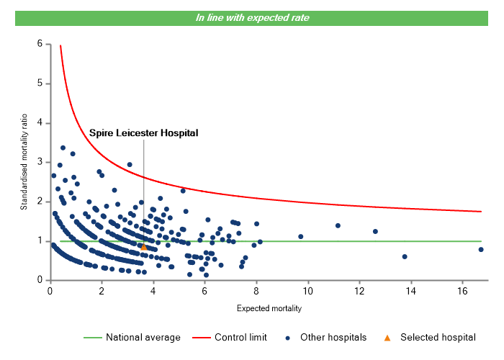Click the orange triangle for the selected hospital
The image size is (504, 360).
[143, 247]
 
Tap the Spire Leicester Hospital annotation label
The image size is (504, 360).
[143, 133]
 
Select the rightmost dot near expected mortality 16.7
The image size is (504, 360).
[481, 250]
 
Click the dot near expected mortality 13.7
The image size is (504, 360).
[405, 256]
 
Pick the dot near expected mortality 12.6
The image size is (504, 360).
[375, 231]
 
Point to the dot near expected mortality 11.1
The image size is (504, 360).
[338, 225]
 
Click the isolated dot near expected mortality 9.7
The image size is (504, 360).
[301, 236]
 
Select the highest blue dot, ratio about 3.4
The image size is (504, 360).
[63, 148]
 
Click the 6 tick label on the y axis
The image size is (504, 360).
[40, 45]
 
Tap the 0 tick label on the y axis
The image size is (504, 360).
[40, 280]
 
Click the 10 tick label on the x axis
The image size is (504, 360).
[308, 291]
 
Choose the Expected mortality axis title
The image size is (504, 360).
[269, 309]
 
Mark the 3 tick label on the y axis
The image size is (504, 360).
[40, 163]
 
